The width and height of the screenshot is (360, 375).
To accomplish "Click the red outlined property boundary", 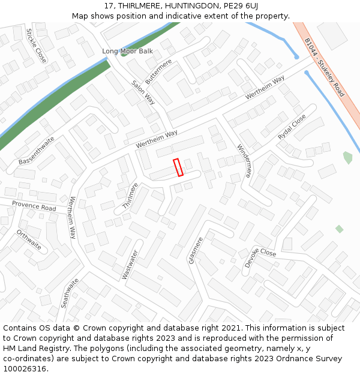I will (x=178, y=167).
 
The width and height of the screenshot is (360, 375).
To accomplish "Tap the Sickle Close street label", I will (x=36, y=45).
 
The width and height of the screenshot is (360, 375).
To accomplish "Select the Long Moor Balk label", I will (x=127, y=52).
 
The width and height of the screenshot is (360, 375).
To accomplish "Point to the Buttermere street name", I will (x=158, y=71).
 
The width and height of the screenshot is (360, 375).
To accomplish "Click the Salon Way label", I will (x=143, y=92).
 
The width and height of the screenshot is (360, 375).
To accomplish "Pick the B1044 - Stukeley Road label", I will (x=324, y=67).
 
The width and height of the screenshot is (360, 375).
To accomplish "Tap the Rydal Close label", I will (x=292, y=127).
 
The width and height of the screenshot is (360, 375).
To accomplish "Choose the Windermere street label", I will (x=244, y=161).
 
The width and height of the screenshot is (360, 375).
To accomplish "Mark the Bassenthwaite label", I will (x=37, y=151).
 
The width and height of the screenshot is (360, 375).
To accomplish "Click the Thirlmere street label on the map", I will (x=130, y=196).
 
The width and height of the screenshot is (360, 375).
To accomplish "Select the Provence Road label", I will (x=34, y=206).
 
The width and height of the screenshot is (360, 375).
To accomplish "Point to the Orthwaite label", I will (x=29, y=239).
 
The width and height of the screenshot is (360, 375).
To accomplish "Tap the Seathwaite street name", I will (x=70, y=293).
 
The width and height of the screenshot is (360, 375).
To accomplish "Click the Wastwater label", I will (x=130, y=265).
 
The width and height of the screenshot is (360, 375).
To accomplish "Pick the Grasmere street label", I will (x=196, y=250).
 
